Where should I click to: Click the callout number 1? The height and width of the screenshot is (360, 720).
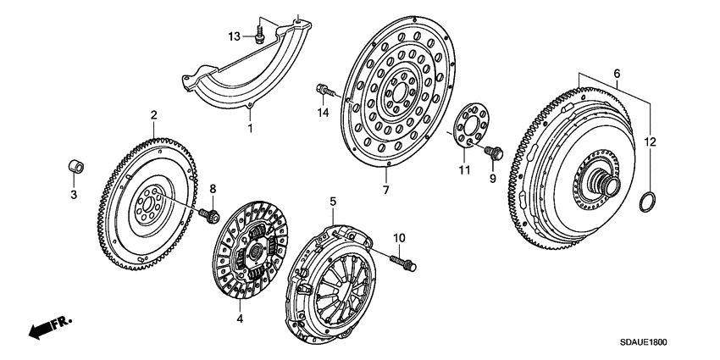click(x=250, y=128)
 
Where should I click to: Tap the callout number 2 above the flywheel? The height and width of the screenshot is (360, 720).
click(x=153, y=114)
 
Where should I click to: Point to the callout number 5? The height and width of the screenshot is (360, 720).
click(x=333, y=202)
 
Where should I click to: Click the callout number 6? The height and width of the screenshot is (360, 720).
click(x=617, y=74)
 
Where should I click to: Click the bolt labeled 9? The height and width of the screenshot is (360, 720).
click(x=492, y=155)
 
